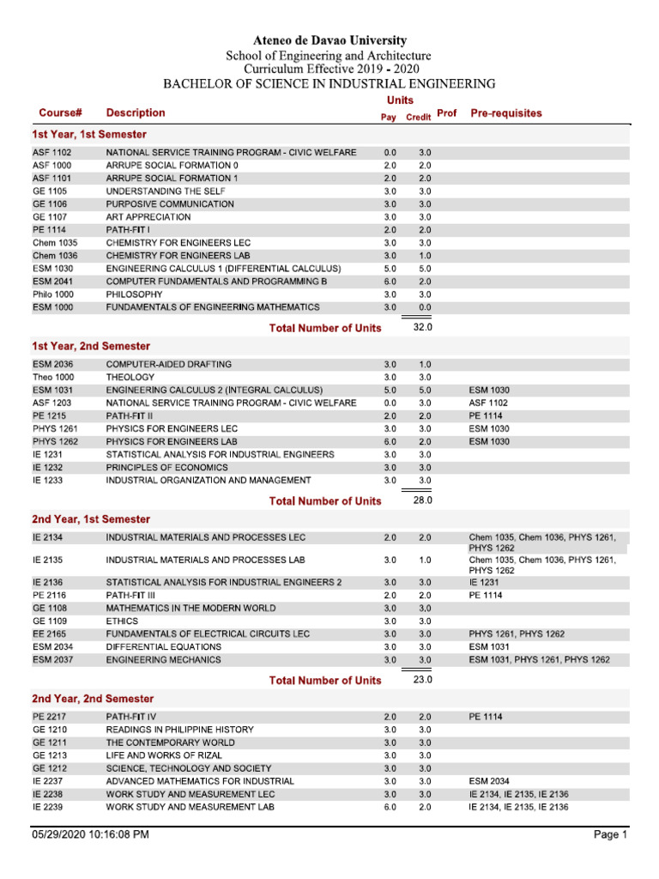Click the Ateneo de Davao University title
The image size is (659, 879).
tap(329, 40)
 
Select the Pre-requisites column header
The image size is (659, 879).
tap(506, 113)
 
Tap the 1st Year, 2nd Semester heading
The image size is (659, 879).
tap(91, 346)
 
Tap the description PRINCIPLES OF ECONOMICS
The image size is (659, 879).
tap(167, 467)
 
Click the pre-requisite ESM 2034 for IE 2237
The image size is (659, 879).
tap(490, 781)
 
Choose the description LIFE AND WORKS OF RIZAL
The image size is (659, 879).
tap(160, 755)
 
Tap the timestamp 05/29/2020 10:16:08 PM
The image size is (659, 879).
tap(91, 834)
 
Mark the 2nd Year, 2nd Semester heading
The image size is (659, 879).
tap(93, 699)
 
